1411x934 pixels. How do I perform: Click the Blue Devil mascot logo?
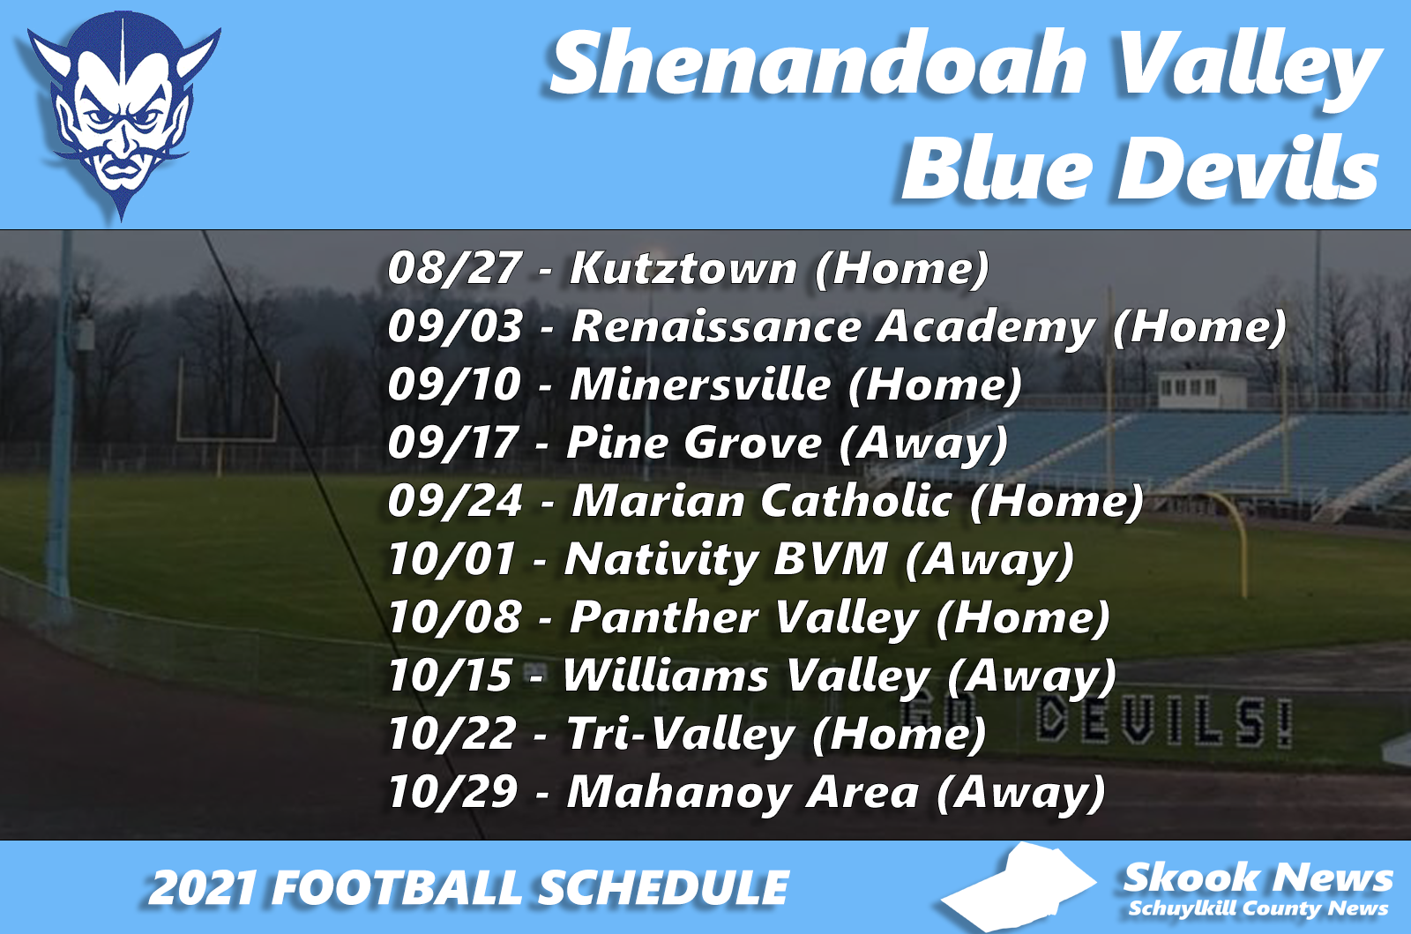click(122, 113)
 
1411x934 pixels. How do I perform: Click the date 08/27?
click(454, 267)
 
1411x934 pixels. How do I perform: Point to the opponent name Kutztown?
click(683, 267)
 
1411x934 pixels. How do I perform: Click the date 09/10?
click(454, 385)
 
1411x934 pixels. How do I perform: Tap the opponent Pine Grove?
click(694, 443)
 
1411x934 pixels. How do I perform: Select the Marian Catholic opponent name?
click(763, 501)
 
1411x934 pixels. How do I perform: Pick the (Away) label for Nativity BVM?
click(989, 559)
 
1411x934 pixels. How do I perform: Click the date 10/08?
click(454, 617)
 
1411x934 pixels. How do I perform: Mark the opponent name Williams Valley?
click(746, 676)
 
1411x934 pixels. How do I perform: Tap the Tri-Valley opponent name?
click(680, 734)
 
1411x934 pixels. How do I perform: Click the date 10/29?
click(452, 792)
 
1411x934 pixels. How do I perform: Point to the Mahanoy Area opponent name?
click(743, 792)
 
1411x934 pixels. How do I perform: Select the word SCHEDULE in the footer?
click(663, 888)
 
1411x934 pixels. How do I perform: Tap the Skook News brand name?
click(1258, 878)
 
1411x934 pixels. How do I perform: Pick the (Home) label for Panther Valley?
click(1022, 617)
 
